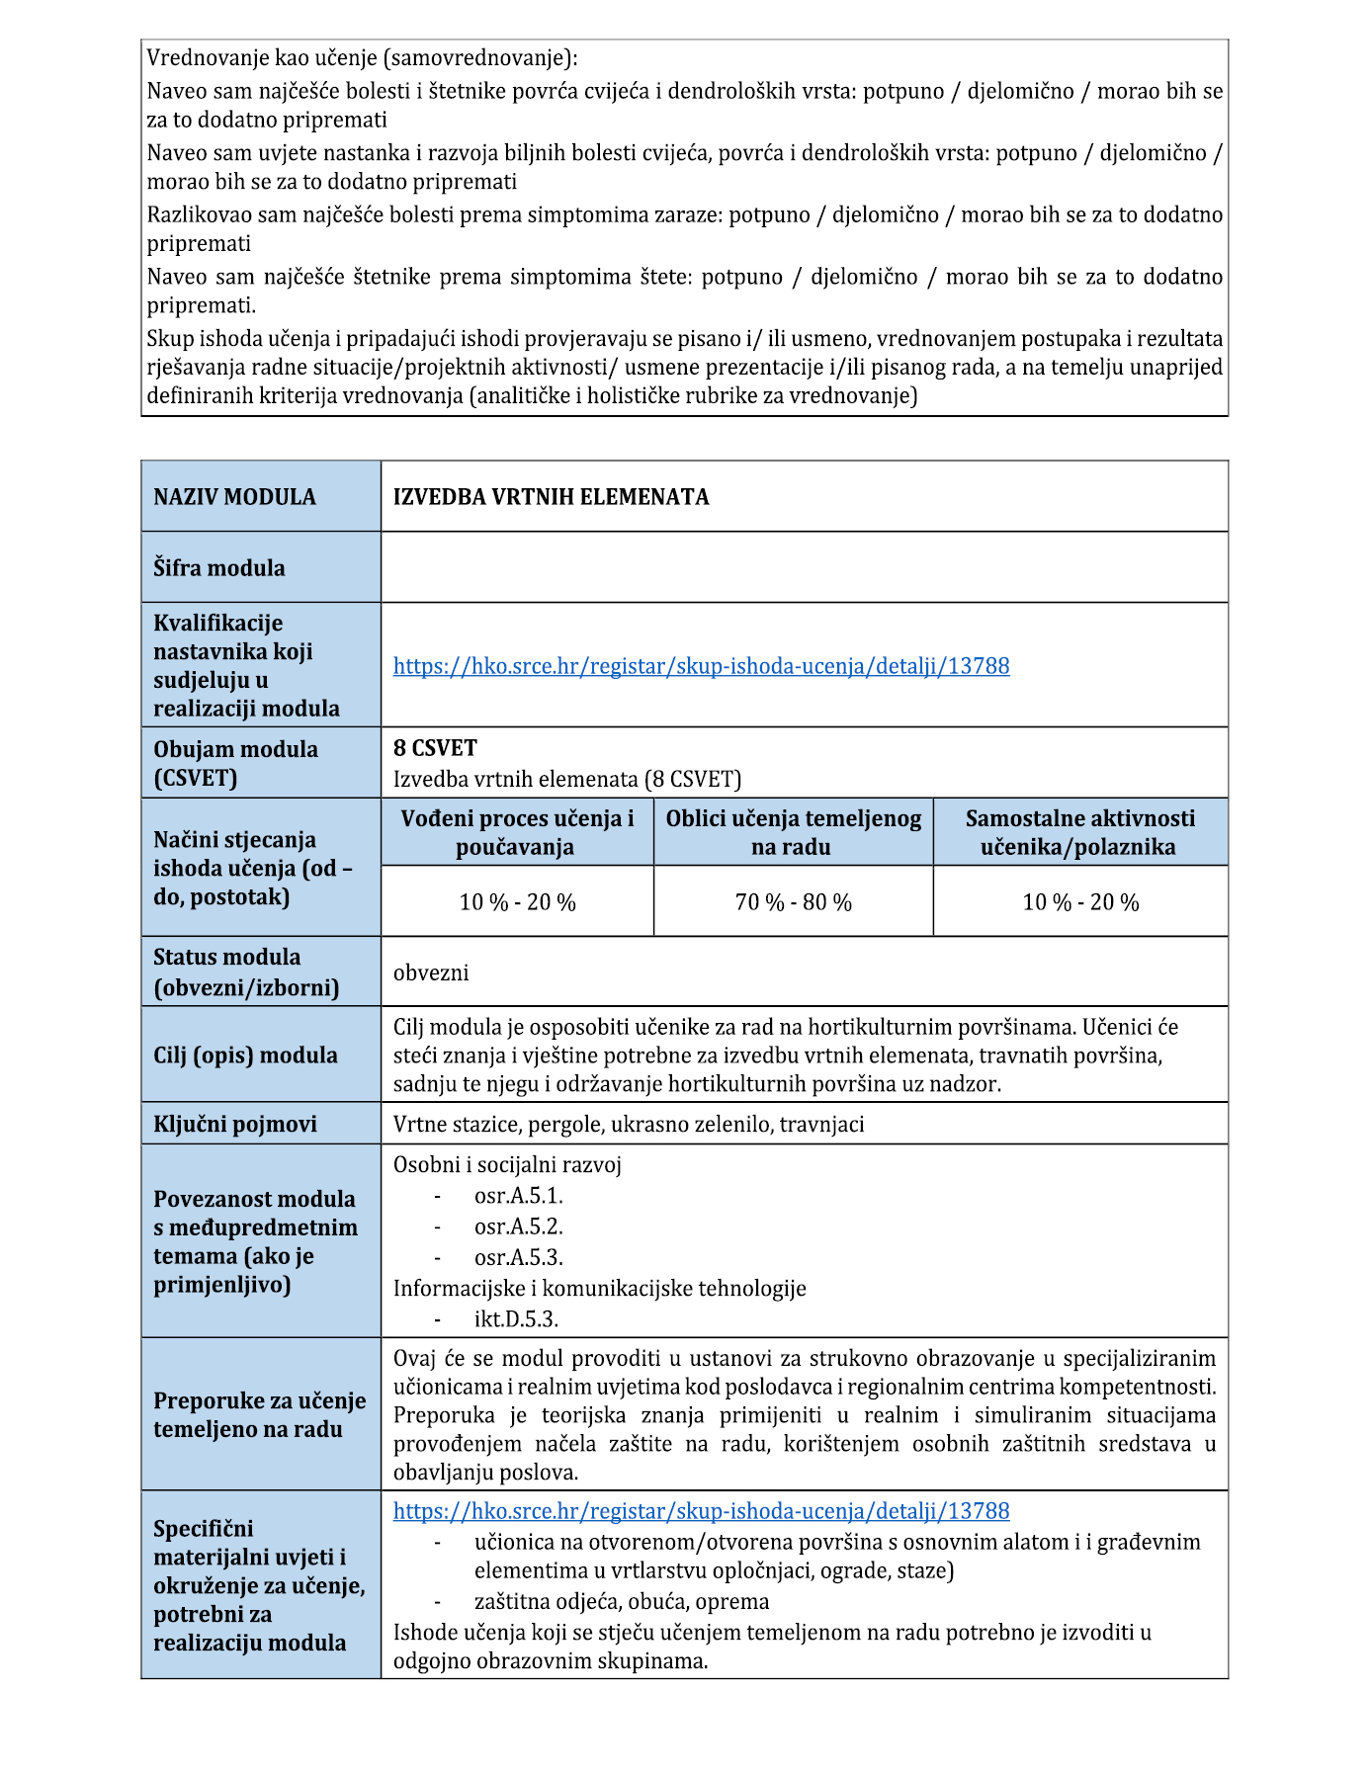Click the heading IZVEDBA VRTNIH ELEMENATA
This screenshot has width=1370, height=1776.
551,497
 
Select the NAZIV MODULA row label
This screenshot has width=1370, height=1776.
234,497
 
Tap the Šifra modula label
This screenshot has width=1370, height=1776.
218,568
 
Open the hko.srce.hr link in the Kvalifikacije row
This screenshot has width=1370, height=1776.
701,666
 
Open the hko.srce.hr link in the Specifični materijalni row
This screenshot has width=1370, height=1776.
701,1511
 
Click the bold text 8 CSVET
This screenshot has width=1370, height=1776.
435,748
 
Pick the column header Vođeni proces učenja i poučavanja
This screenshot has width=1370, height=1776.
517,832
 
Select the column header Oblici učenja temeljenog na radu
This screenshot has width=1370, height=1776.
793,832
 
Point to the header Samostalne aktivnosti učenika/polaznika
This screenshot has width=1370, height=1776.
1079,832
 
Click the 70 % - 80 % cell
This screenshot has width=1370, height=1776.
793,902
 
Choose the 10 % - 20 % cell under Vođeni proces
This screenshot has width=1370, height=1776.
517,902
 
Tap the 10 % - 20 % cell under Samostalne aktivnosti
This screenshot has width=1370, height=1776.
1079,902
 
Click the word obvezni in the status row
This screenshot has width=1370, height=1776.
431,973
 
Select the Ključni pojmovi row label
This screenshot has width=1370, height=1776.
234,1125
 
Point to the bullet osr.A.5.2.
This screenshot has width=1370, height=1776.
518,1226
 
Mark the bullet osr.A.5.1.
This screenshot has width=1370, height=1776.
518,1196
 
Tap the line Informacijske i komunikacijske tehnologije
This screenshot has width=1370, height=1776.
599,1289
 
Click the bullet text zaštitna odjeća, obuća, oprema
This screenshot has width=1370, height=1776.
621,1602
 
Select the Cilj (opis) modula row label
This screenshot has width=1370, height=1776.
245,1056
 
